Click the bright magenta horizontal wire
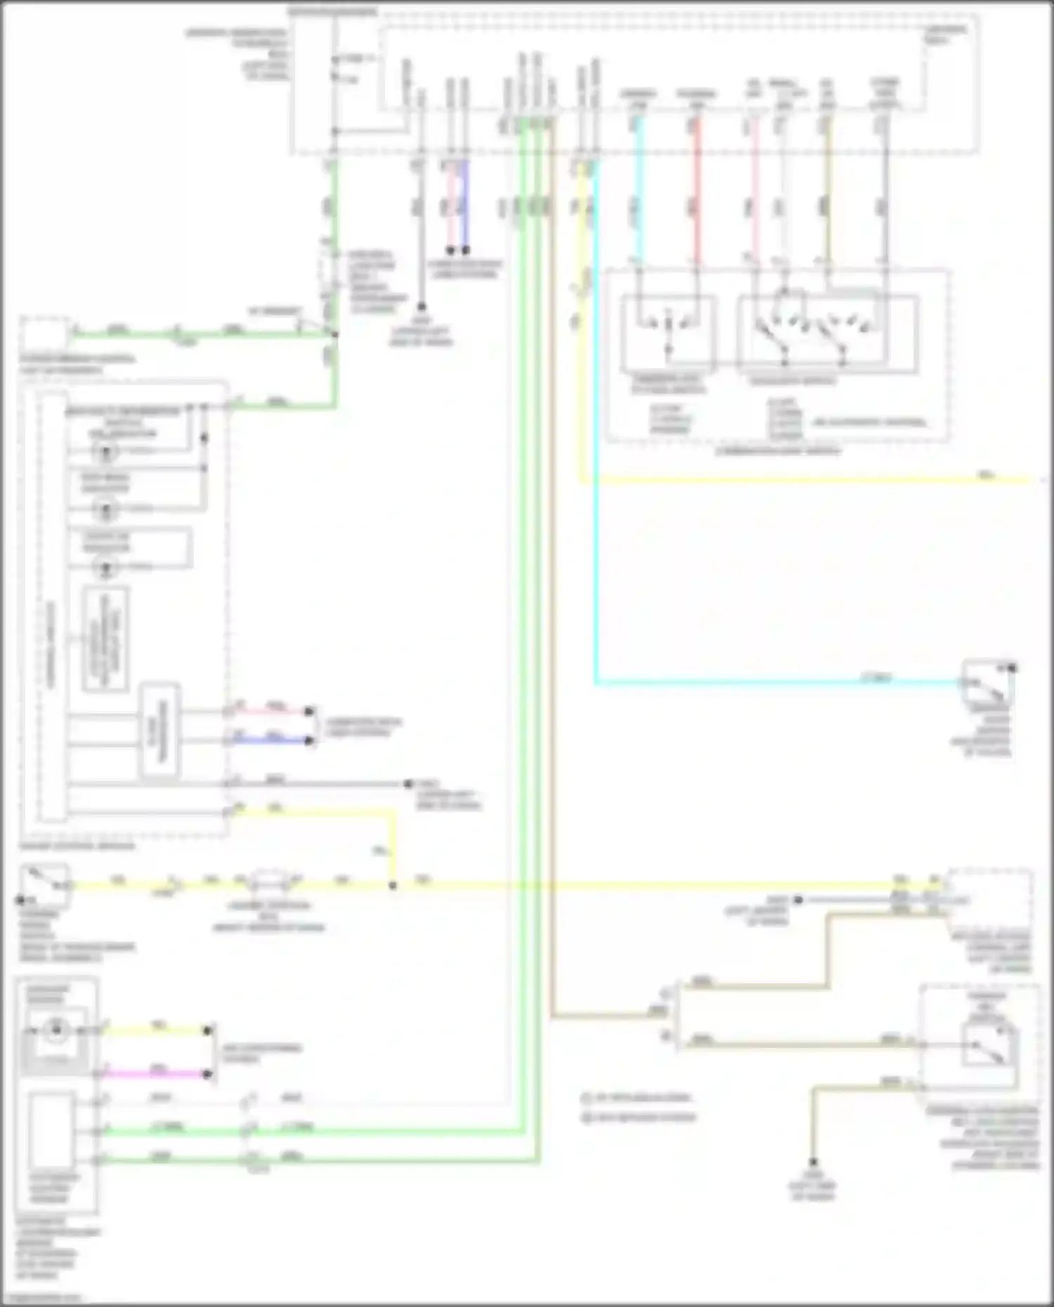tap(155, 1074)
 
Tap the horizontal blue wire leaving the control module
tap(271, 740)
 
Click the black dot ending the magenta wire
tap(207, 1074)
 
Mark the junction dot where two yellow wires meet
tap(393, 886)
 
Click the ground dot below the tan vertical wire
tap(812, 1162)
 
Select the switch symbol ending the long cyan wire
tap(987, 682)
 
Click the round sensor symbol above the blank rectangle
tap(55, 1031)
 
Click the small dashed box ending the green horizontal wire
tap(44, 333)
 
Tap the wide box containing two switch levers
tap(827, 334)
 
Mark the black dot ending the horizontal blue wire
tap(308, 740)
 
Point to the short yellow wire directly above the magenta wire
tap(155, 1030)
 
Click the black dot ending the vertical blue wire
tap(465, 250)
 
